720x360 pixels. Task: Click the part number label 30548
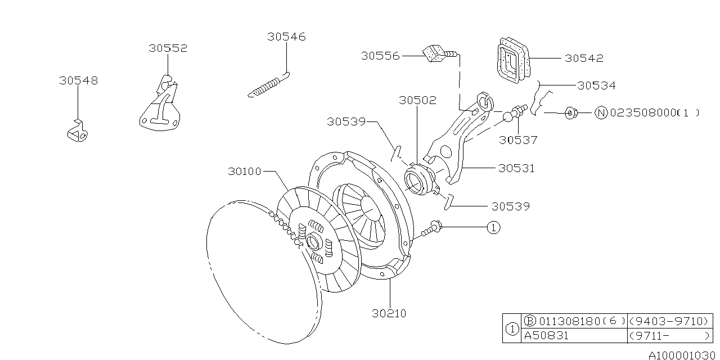(x=78, y=80)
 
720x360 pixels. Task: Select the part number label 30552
(x=168, y=48)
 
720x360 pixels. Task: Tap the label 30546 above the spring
(x=286, y=37)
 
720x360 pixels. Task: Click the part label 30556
(x=380, y=56)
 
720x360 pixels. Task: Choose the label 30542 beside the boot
(x=584, y=58)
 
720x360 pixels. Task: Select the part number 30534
(x=596, y=86)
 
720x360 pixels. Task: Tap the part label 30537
(x=518, y=140)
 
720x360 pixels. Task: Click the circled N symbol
(x=601, y=113)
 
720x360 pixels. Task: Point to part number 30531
(x=516, y=168)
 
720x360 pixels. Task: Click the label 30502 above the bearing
(x=417, y=100)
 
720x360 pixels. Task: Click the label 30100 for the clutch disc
(x=245, y=171)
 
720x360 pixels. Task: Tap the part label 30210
(x=389, y=313)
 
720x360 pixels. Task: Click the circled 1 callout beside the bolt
(x=493, y=227)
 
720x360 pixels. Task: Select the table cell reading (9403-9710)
(x=668, y=321)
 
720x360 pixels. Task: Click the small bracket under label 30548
(x=76, y=131)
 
